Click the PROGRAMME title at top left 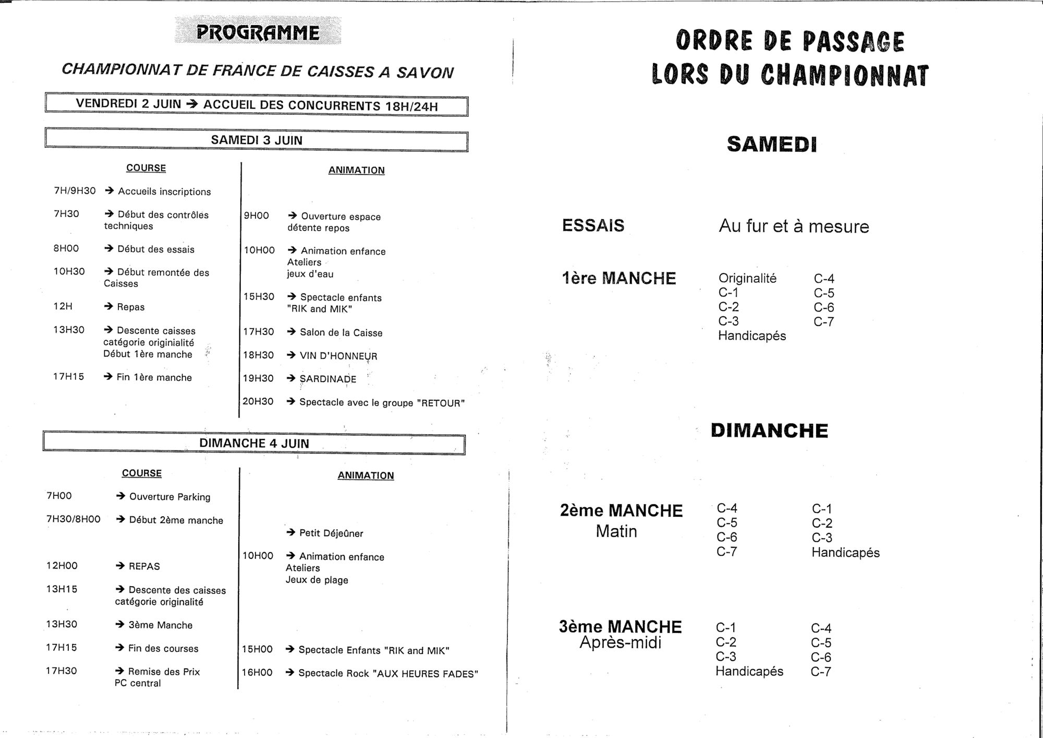tap(258, 33)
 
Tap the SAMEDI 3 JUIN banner tap(257, 140)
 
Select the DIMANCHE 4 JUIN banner tap(254, 444)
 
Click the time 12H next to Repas tap(63, 306)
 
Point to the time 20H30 tap(258, 401)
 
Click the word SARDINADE tap(328, 379)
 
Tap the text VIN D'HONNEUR tap(338, 356)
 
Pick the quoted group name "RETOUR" tap(441, 403)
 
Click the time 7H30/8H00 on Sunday tap(74, 519)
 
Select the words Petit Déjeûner tap(331, 533)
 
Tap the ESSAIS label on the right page tap(593, 225)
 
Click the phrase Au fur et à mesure tap(794, 227)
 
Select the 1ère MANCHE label tap(618, 278)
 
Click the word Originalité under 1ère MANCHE tap(747, 278)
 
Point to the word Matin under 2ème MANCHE tap(616, 531)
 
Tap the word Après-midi tap(620, 642)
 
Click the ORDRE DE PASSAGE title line tap(790, 42)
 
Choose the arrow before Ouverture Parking tap(120, 496)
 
